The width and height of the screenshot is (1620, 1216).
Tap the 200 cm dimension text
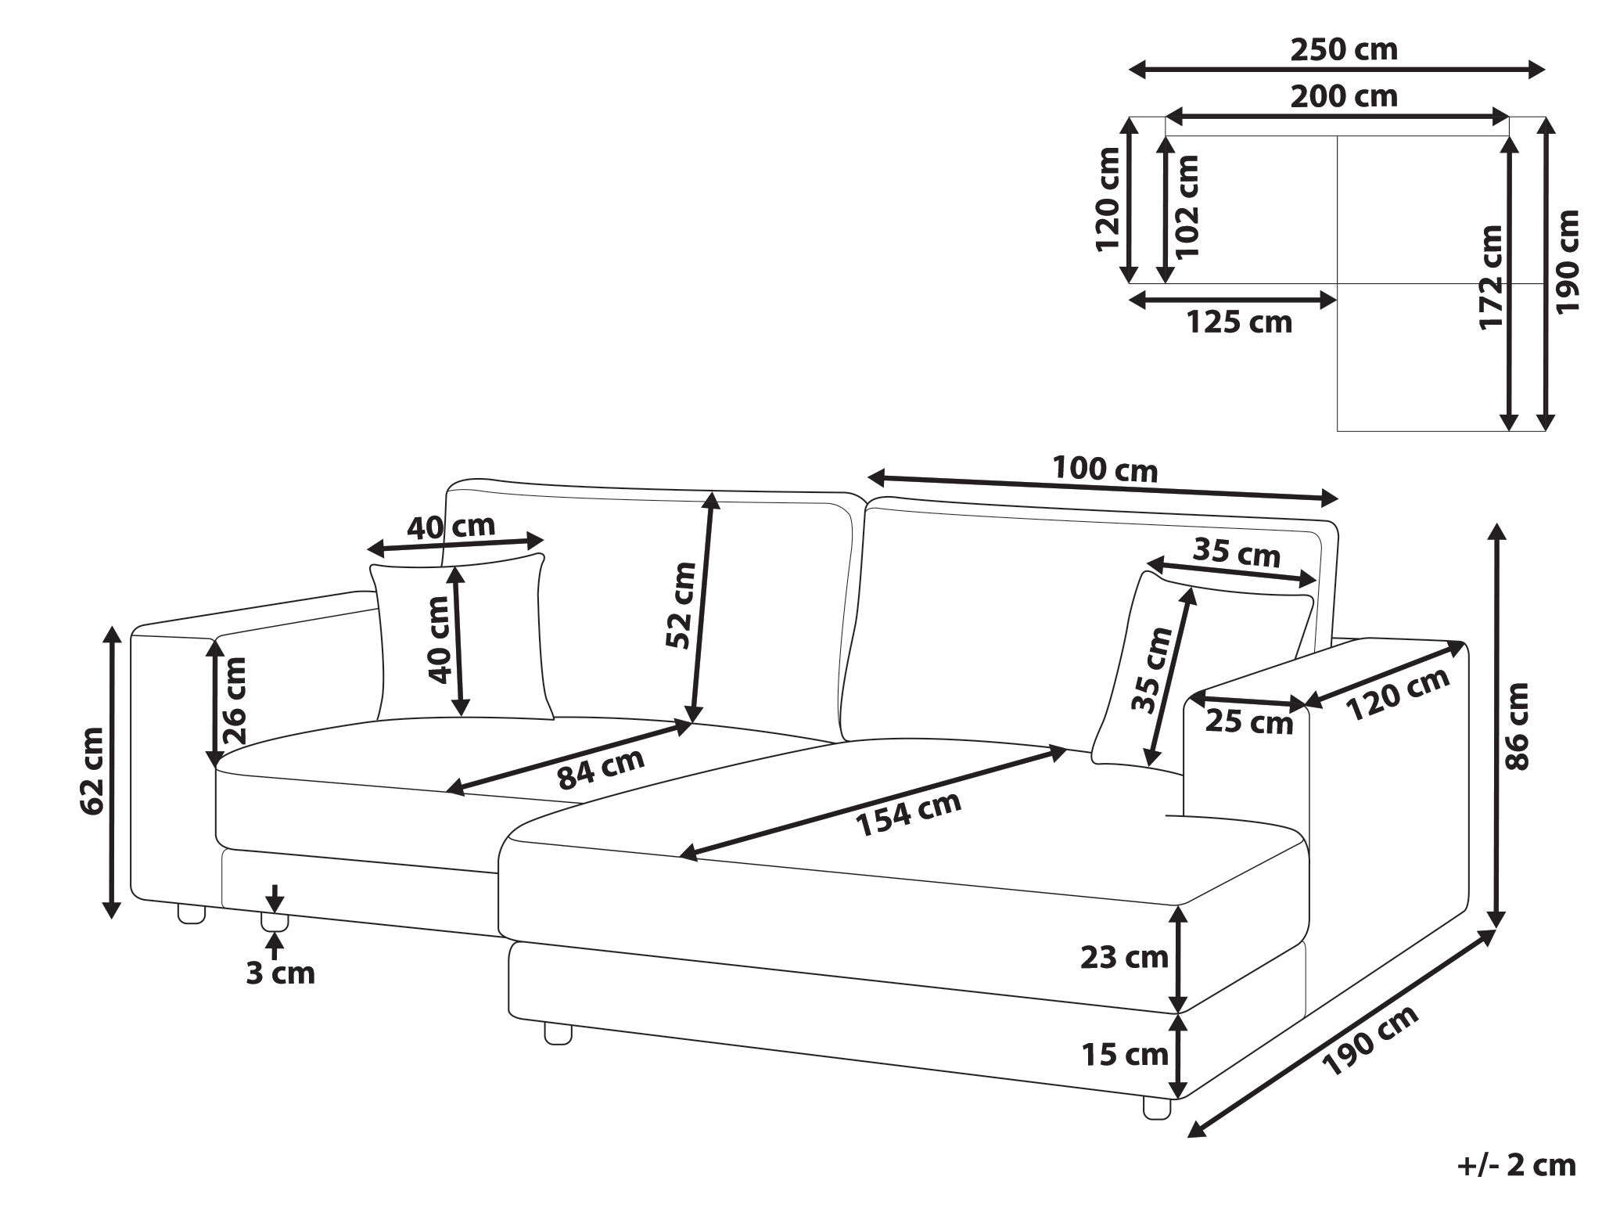coord(1343,96)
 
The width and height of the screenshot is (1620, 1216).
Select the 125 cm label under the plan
coord(1240,322)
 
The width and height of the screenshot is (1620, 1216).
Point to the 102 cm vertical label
coord(1187,207)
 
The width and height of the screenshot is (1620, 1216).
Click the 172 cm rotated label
coord(1491,277)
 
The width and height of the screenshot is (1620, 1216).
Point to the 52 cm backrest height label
coord(679,605)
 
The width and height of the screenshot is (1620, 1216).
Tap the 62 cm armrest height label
coord(92,771)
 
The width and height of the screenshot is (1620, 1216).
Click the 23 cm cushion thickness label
coord(1124,956)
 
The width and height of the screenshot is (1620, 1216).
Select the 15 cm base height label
coord(1124,1054)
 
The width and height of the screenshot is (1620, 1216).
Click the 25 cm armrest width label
coord(1248,721)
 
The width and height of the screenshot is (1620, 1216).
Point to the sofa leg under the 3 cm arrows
coord(274,923)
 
